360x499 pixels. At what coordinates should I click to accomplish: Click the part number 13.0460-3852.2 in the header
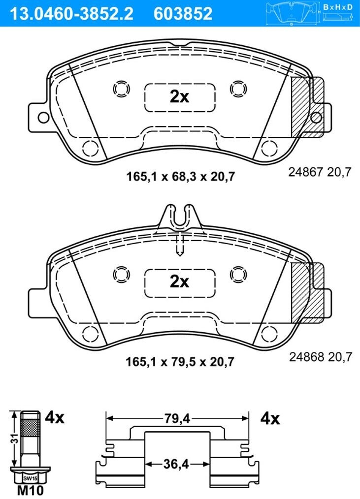72,14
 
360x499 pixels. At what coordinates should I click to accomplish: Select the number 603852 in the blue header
183,14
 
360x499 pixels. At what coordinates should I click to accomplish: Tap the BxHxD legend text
338,7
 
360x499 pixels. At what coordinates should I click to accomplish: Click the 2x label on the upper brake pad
179,96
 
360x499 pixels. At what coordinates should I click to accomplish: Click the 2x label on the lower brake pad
179,281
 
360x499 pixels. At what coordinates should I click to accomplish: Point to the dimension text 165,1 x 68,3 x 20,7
181,176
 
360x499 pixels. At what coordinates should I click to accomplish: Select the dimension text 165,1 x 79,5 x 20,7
180,362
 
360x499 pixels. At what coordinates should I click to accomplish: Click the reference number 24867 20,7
320,172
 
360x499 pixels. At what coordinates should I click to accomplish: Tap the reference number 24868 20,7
321,357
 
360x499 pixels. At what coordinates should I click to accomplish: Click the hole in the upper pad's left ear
43,118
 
